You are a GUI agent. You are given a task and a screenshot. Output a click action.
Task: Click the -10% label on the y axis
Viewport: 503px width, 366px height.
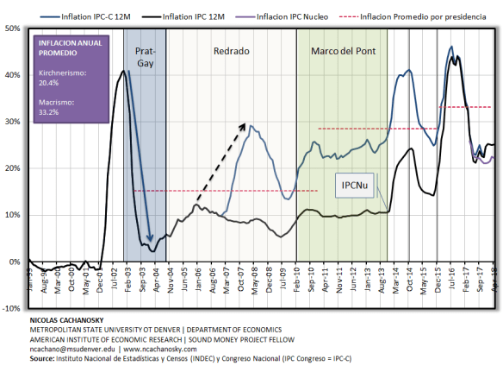[x=13, y=308]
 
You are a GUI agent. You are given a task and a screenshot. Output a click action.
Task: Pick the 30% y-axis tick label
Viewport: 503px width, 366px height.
[x=14, y=122]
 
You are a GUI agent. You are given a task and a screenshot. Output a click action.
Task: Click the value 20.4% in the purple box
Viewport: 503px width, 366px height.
[x=48, y=85]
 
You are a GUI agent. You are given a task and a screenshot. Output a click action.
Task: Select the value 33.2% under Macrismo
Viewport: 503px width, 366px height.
[x=48, y=112]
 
